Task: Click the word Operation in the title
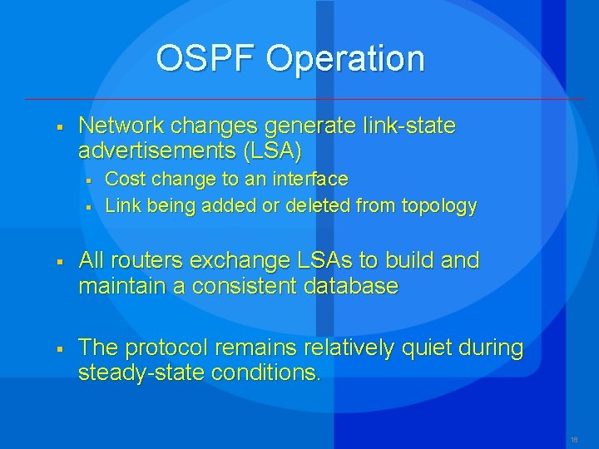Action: pos(345,59)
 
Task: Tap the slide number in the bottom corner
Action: pos(574,438)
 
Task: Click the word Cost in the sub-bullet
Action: pos(124,179)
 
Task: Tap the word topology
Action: pos(440,205)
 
